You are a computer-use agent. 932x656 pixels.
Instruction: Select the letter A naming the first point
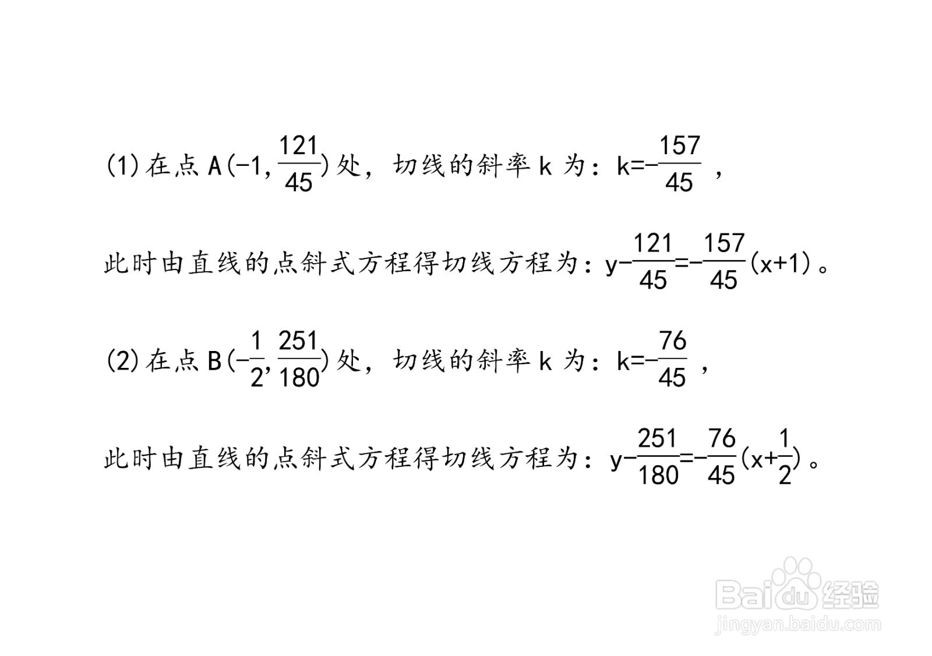[x=214, y=166]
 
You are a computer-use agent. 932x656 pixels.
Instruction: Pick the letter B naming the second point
[x=214, y=360]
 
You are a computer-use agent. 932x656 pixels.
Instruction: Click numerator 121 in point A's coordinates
[x=298, y=146]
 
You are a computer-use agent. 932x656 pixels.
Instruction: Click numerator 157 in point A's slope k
[x=680, y=146]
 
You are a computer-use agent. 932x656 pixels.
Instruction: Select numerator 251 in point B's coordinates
[x=298, y=341]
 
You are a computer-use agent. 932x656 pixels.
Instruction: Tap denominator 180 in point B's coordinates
[x=299, y=377]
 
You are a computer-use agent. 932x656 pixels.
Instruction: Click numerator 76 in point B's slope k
[x=672, y=341]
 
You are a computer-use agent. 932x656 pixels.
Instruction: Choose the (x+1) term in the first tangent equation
[x=782, y=264]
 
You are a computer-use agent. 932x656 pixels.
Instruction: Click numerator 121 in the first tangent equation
[x=653, y=243]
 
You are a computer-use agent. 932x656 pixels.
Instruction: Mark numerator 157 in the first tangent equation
[x=724, y=243]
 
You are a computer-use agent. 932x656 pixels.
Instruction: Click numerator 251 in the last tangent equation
[x=658, y=438]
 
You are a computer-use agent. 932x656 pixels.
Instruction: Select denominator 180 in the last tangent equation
[x=658, y=475]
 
